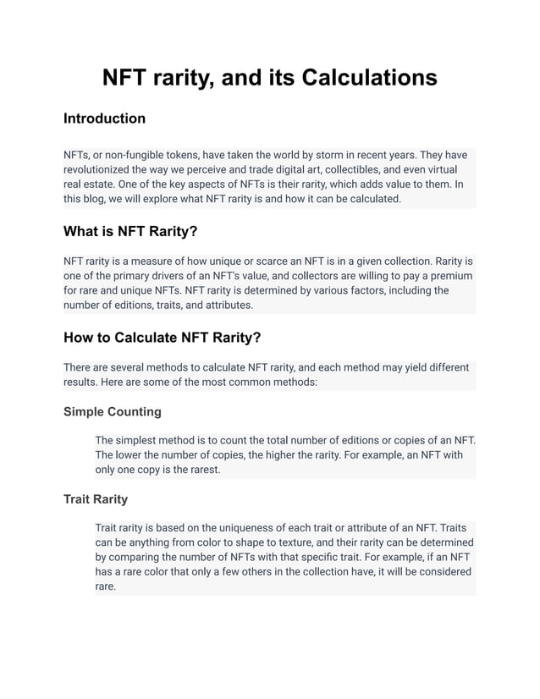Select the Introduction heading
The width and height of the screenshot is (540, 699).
point(104,118)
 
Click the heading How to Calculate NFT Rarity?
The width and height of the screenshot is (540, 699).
point(162,338)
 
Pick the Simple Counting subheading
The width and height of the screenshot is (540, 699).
point(112,412)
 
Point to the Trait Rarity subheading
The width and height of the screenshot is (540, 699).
point(96,499)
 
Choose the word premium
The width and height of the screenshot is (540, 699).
point(448,276)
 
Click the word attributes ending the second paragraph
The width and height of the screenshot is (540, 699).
point(224,305)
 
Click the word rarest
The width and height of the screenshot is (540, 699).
point(201,470)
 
